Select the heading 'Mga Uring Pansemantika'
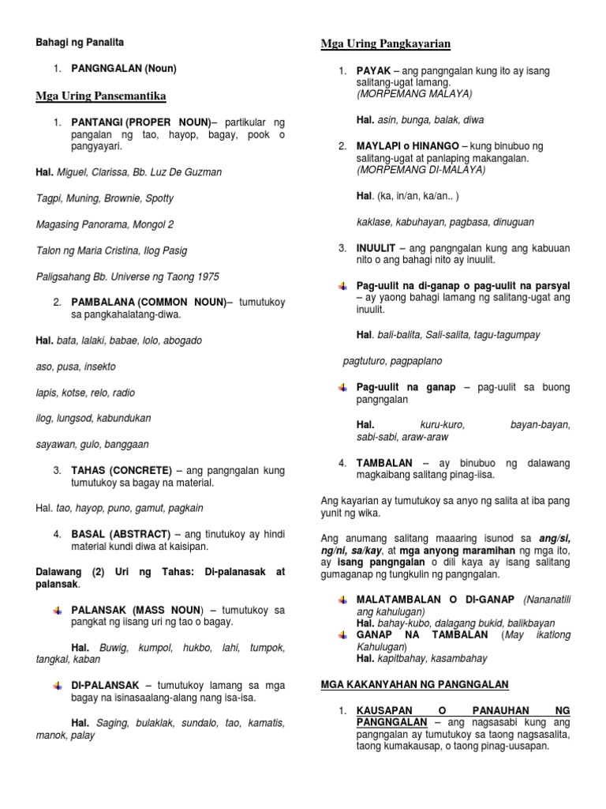pyautogui.click(x=100, y=96)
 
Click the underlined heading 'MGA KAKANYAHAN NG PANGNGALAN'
pyautogui.click(x=414, y=683)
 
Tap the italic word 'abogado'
pyautogui.click(x=182, y=341)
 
